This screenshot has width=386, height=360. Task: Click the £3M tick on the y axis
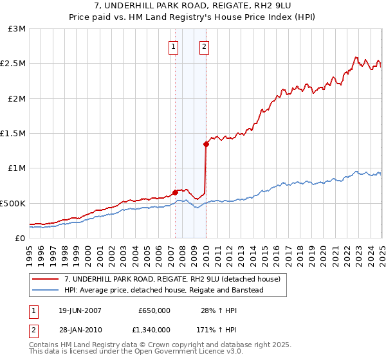pos(17,29)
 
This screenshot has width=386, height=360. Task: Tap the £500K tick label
pos(13,203)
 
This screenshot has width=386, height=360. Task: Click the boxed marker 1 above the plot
pos(174,46)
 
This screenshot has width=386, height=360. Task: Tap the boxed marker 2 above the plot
pos(204,46)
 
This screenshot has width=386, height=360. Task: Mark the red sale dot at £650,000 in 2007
pos(175,192)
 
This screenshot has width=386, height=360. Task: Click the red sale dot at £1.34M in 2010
pos(206,145)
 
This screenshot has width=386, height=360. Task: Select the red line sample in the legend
pos(46,280)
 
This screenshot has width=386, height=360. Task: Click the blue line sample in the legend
pos(46,290)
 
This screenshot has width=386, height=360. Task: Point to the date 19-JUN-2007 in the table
pos(80,310)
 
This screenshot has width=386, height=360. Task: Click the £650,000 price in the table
pos(154,310)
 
